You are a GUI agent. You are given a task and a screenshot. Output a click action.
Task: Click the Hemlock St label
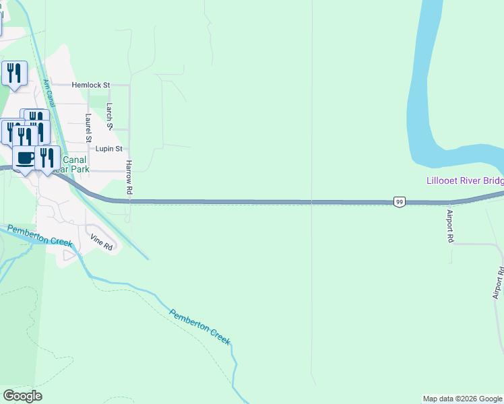tap(91, 85)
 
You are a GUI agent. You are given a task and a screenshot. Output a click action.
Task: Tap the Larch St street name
tap(110, 116)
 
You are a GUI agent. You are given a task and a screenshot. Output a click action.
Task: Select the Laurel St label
tap(88, 127)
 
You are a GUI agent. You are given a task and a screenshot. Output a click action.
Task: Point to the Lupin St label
tap(108, 149)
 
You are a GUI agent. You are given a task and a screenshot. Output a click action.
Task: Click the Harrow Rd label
tap(129, 178)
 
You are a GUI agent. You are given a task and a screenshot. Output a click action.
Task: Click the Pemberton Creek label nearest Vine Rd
tap(39, 238)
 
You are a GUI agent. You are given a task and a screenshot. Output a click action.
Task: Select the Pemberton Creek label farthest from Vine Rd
tap(200, 327)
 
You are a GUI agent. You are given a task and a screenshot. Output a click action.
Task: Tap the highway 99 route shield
tap(400, 202)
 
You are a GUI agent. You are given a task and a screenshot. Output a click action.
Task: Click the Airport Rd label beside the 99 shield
tap(450, 226)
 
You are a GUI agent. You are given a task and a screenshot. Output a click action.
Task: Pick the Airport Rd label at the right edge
tap(498, 283)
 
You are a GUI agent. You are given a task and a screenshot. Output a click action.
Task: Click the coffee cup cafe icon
tap(25, 158)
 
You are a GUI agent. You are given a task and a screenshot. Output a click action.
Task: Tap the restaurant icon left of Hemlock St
tap(14, 73)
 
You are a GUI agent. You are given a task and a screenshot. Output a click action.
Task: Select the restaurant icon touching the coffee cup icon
tap(46, 158)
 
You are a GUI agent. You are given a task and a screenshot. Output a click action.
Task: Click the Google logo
tap(22, 396)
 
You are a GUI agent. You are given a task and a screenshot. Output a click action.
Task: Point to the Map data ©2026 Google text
tap(463, 399)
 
